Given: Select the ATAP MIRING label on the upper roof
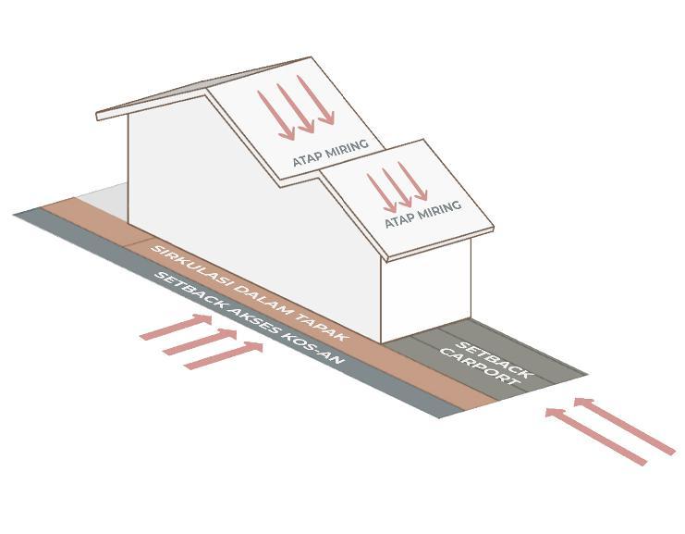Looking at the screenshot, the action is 330,153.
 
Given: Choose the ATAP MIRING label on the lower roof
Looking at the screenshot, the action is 422,215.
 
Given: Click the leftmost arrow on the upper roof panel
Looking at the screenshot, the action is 276,116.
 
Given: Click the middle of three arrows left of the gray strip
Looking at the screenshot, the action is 201,341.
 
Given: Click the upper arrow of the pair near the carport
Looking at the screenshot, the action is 624,426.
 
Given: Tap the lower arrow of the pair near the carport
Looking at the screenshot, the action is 596,436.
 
